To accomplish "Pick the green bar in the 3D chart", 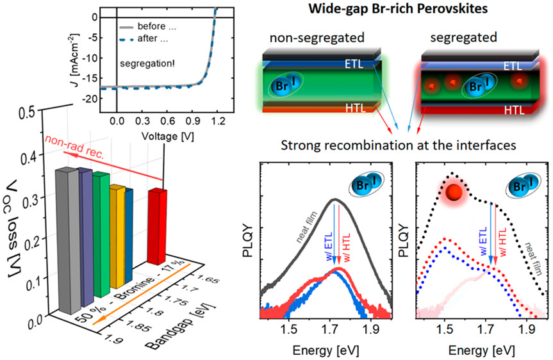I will click(100, 234).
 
